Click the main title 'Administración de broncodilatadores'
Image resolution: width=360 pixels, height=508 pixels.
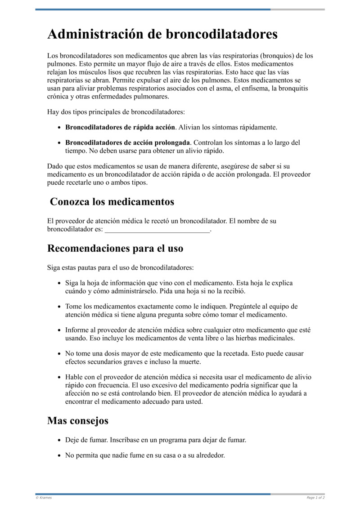point(162,34)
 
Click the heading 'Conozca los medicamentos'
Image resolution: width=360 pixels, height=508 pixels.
point(112,202)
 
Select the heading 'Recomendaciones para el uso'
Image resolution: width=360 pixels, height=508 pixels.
point(115,248)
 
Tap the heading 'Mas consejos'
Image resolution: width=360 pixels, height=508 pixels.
point(78,421)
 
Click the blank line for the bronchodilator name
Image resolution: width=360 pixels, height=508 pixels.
point(157,230)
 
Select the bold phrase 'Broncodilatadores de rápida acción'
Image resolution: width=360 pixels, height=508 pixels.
point(120,127)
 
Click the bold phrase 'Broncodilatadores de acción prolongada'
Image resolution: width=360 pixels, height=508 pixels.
point(128,143)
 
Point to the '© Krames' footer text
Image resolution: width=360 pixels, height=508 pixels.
point(44,498)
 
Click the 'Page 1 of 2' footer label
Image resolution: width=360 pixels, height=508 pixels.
point(315,498)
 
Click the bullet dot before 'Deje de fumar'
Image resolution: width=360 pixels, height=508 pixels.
point(59,440)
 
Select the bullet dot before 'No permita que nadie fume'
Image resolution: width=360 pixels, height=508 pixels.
point(59,455)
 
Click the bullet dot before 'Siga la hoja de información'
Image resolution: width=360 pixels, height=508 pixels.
point(59,283)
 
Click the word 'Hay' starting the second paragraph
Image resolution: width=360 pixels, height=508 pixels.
point(53,111)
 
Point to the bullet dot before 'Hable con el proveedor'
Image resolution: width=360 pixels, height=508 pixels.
point(59,377)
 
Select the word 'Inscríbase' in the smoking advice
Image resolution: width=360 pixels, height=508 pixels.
point(125,440)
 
